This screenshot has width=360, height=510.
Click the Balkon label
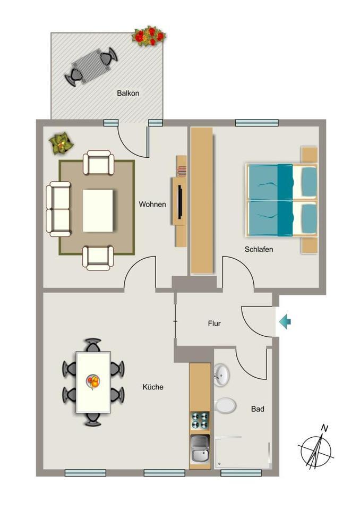128,93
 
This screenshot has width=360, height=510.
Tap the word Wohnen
152,204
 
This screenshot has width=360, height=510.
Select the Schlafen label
259,249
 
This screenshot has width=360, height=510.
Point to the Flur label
215,323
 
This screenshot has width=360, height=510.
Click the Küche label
153,387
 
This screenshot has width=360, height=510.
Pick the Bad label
258,409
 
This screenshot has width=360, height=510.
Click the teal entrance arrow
285,321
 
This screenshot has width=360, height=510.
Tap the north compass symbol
315,449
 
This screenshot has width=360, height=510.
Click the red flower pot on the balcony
149,36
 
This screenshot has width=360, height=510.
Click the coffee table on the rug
98,210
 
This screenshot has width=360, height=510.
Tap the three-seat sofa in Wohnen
58,209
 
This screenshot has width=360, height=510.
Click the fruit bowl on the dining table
93,381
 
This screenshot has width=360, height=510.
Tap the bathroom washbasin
222,375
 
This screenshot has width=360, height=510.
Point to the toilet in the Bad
225,406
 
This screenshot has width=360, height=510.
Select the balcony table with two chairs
91,65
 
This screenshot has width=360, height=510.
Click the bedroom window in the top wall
256,123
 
